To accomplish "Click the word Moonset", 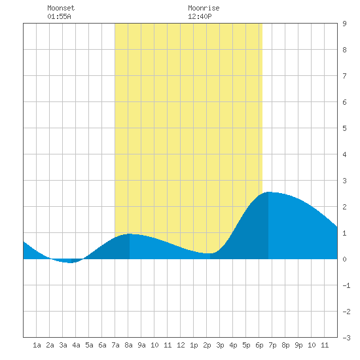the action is tap(61, 8).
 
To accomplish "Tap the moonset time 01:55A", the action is tap(59, 16).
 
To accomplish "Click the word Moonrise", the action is tap(204, 8).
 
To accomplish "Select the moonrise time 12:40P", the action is tap(200, 16).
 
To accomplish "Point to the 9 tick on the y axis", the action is tap(344, 24).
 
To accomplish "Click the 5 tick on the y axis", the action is tap(344, 128).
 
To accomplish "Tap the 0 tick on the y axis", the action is tap(344, 259).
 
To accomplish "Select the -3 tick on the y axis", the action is tap(346, 338).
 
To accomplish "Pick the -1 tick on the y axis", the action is tap(346, 285).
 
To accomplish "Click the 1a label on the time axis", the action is tap(37, 345).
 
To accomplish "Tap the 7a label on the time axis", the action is tap(115, 345).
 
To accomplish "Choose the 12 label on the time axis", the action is tap(181, 345).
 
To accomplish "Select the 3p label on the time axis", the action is tap(220, 345).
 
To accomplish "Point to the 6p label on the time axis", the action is tap(259, 345).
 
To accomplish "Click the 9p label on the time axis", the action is tap(298, 345).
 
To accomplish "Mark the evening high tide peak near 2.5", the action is tap(268, 192).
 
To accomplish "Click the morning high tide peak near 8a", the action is tap(130, 234).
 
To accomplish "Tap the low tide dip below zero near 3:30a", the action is tap(71, 262).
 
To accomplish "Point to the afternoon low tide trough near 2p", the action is tap(210, 253).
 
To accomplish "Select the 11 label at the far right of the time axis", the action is tap(325, 345).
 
